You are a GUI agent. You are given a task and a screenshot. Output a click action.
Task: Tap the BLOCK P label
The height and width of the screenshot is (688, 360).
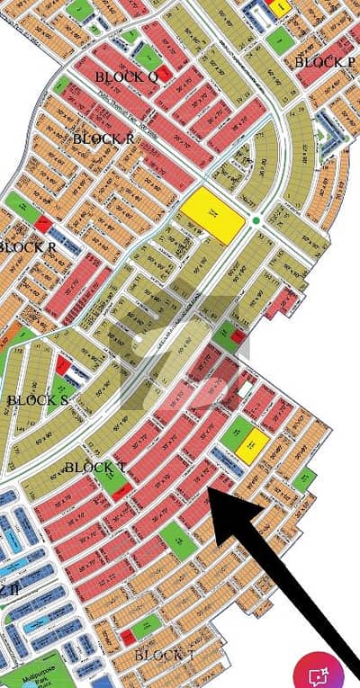pyautogui.click(x=324, y=61)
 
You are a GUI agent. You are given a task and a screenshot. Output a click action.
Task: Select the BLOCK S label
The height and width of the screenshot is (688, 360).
pyautogui.click(x=38, y=400)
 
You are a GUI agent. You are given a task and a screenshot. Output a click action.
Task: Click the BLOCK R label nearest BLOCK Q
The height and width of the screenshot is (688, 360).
pyautogui.click(x=103, y=138)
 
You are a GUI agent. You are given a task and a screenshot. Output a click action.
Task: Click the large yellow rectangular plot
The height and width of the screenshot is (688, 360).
pyautogui.click(x=213, y=215)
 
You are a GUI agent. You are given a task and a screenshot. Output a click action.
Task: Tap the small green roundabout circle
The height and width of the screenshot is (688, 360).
pyautogui.click(x=256, y=220)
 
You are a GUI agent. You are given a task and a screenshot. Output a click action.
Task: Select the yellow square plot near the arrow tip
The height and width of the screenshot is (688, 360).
pyautogui.click(x=255, y=441)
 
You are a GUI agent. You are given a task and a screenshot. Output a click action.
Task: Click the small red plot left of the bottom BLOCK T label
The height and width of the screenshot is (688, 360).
pyautogui.click(x=129, y=637)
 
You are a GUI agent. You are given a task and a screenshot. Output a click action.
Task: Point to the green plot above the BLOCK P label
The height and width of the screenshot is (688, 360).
pyautogui.click(x=280, y=39)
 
